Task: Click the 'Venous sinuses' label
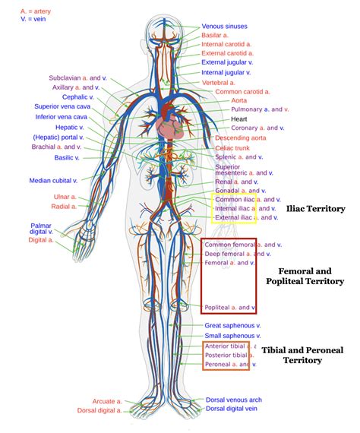click(224, 27)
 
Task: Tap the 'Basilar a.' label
click(216, 36)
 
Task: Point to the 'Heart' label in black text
click(239, 119)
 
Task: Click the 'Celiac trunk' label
click(232, 148)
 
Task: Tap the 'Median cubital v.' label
click(54, 181)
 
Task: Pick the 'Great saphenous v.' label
click(232, 325)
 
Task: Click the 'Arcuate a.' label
click(108, 400)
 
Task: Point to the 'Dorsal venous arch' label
click(234, 400)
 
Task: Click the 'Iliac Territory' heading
click(316, 207)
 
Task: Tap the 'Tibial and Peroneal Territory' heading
click(304, 355)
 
